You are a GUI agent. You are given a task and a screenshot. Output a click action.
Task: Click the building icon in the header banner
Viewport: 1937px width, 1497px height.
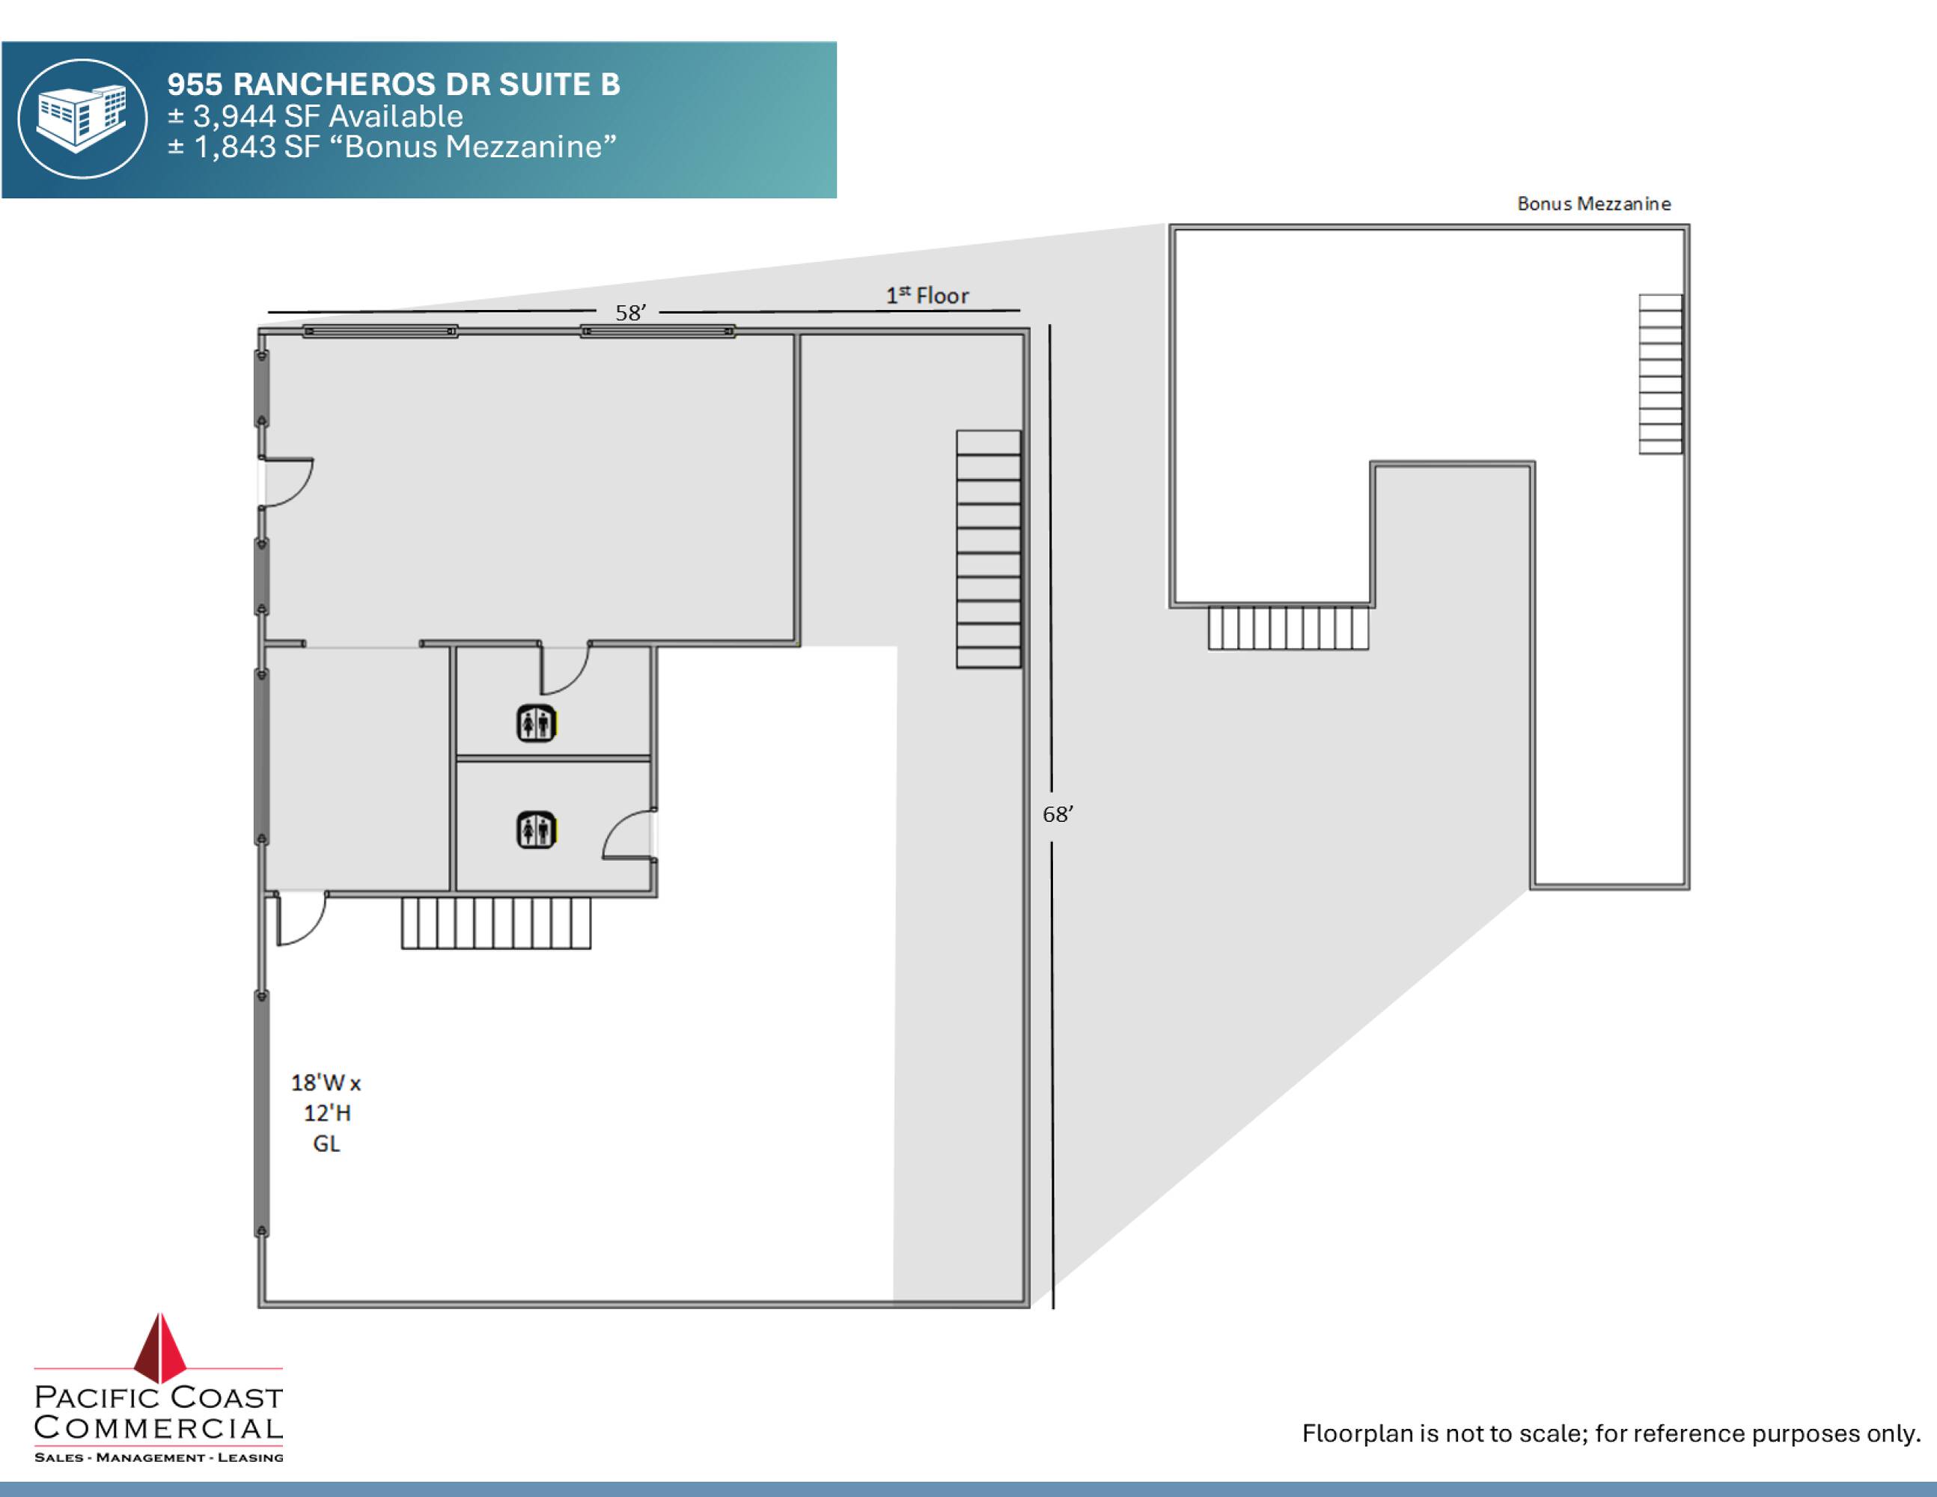(82, 119)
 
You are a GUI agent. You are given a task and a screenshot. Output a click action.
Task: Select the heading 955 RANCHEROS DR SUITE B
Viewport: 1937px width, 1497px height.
(394, 85)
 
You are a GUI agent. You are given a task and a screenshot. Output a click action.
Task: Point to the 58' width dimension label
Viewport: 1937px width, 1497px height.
(631, 312)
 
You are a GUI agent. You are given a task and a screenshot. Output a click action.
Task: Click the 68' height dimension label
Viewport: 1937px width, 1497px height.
(1058, 814)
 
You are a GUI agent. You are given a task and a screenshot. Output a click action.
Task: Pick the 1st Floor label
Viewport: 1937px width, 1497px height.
(927, 296)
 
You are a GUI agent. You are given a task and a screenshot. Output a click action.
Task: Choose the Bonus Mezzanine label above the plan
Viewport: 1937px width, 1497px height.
(1593, 204)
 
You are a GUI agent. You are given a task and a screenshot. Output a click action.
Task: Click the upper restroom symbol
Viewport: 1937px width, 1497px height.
(536, 723)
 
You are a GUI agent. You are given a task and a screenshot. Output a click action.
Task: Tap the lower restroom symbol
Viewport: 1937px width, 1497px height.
(536, 831)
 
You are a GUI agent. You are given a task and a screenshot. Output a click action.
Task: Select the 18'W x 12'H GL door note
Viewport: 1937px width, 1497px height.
(326, 1113)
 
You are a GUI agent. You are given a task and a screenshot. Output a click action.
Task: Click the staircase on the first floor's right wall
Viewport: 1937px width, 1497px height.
(988, 549)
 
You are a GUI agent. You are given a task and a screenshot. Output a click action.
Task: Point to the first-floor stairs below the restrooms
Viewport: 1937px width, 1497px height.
(495, 923)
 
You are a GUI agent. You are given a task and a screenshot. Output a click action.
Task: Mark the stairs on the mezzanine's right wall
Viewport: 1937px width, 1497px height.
(1660, 374)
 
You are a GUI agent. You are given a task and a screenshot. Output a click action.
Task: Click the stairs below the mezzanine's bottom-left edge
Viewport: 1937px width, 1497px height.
(1288, 628)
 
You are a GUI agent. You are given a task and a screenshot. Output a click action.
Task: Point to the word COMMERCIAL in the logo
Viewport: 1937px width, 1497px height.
(158, 1428)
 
